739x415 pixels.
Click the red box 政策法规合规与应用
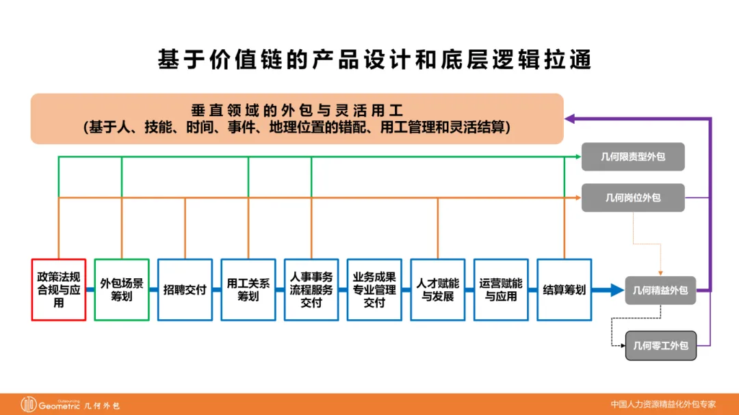[59, 289]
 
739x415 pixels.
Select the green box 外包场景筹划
[122, 289]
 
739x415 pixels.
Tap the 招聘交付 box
[185, 289]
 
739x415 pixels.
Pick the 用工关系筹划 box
[248, 289]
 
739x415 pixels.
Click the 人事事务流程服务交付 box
[311, 289]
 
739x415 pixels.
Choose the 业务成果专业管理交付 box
[374, 289]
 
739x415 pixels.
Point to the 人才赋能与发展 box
[438, 289]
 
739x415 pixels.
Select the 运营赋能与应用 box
[501, 289]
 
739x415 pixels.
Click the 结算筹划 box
[565, 289]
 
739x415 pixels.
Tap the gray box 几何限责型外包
[633, 157]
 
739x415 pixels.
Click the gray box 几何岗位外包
[633, 198]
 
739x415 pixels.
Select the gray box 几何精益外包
[660, 291]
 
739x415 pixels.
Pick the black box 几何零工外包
[660, 345]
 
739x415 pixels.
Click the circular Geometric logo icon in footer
[29, 404]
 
